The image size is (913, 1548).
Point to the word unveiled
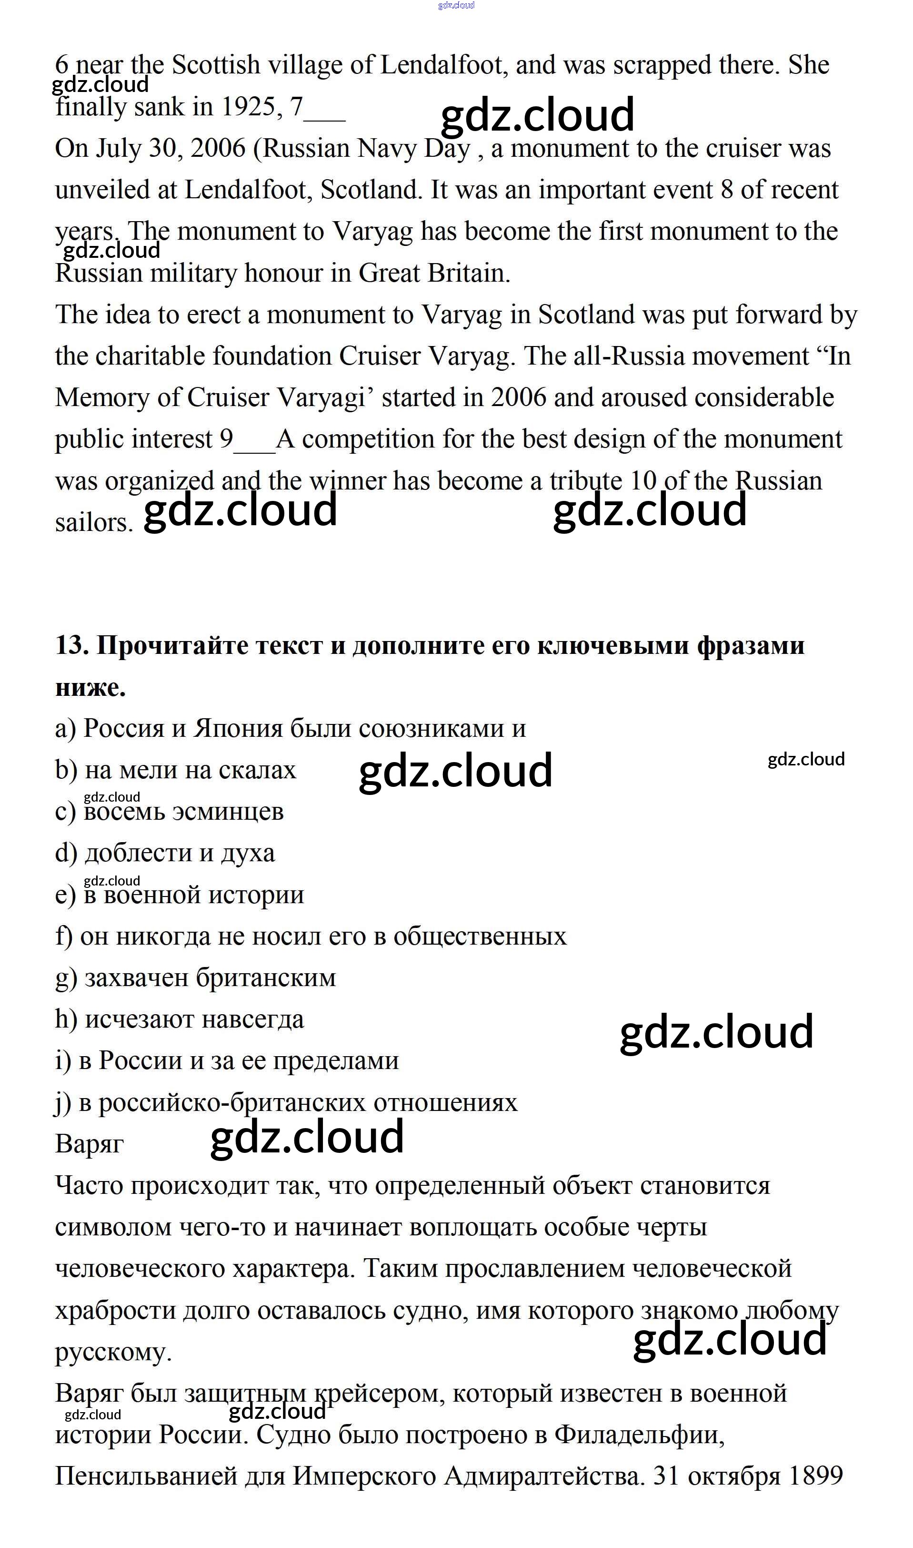tap(102, 190)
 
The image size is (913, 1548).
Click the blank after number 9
tap(255, 441)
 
